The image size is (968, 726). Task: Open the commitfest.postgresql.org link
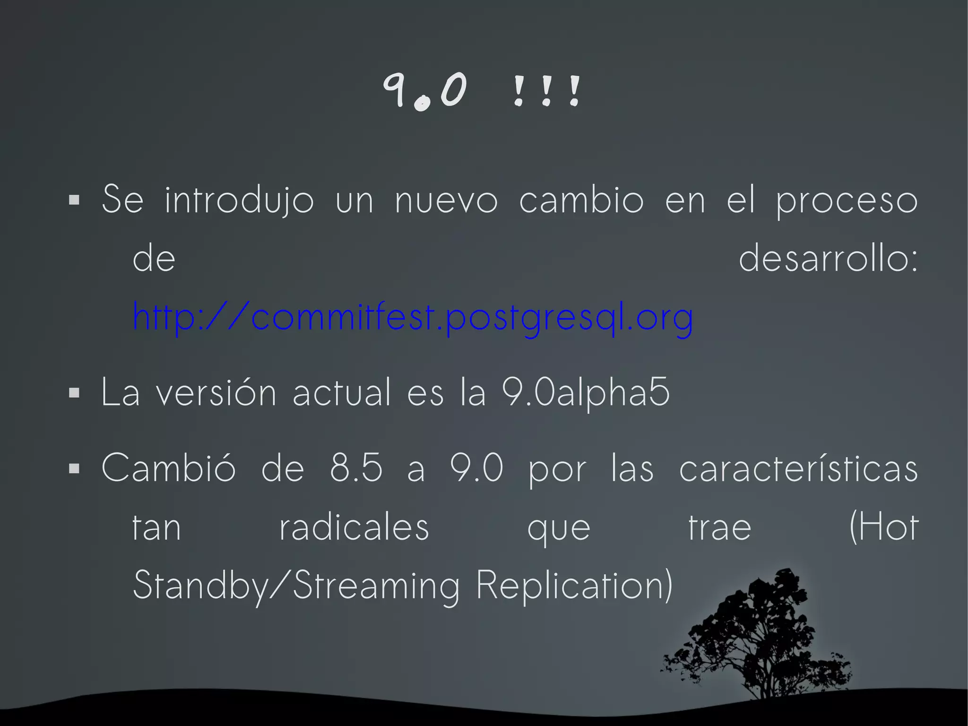tap(413, 317)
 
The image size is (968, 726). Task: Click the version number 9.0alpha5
tap(586, 393)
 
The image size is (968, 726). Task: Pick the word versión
tap(216, 393)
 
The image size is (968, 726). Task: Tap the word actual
tap(342, 393)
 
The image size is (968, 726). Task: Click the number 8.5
tap(356, 468)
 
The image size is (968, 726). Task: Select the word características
tap(798, 468)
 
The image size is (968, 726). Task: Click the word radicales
tap(354, 527)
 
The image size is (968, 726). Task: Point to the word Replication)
tap(574, 586)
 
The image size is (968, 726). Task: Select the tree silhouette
tap(761, 639)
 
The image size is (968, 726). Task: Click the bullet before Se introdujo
tap(74, 200)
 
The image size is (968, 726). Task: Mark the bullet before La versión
tap(74, 393)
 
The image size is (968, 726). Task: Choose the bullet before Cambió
tap(74, 468)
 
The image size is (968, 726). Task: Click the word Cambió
tap(168, 468)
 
